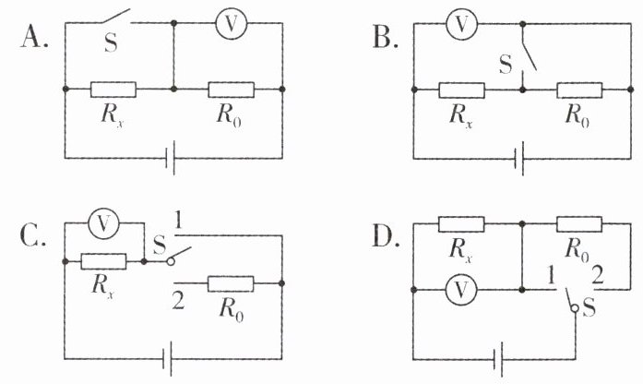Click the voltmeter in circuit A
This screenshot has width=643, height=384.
pos(232,24)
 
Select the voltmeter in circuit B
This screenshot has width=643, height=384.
pos(462,24)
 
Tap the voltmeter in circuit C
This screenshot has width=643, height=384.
pos(103,223)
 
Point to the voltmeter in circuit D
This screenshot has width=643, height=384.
pos(461,290)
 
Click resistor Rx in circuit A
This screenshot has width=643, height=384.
pos(113,90)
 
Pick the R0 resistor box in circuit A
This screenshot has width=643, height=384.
pos(232,90)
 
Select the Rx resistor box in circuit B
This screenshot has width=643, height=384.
pos(462,90)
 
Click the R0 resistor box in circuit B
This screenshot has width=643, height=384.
pos(579,90)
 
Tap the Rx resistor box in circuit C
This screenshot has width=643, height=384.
pos(103,261)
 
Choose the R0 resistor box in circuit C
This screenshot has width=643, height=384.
pos(231,283)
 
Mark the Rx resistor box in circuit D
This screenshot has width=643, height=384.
pos(461,224)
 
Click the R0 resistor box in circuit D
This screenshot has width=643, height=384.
pos(579,224)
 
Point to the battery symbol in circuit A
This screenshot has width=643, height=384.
pos(170,158)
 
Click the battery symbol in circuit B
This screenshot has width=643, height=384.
pos(519,159)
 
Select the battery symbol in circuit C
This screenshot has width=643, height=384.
pos(166,359)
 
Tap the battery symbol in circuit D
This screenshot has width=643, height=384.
pos(498,359)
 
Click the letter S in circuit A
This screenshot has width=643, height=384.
pos(111,42)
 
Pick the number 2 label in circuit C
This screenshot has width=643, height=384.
pos(178,300)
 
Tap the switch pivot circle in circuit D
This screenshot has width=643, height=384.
pos(576,308)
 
